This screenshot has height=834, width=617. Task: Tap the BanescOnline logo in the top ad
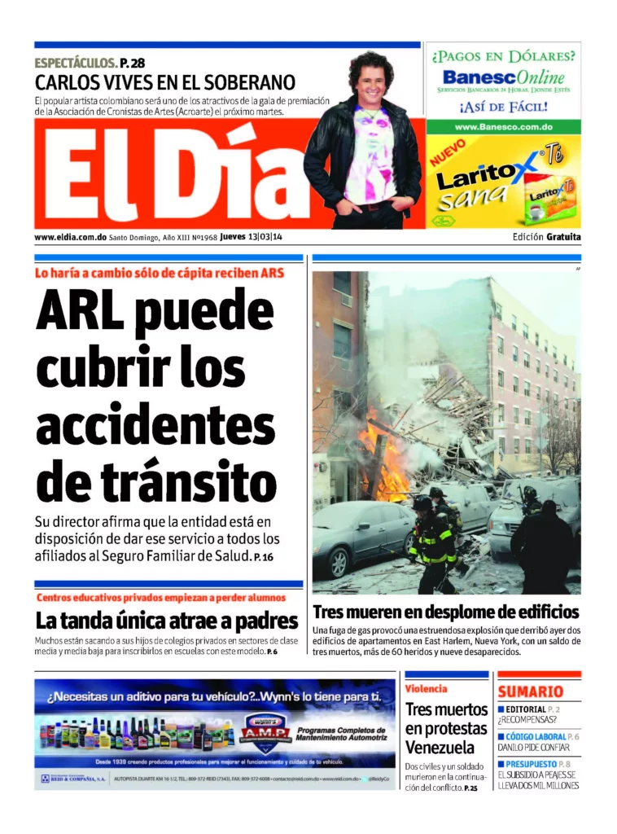(503, 78)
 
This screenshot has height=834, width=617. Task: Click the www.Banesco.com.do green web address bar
(503, 127)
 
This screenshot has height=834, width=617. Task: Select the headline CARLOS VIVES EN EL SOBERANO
(164, 82)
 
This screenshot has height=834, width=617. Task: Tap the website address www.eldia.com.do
(71, 237)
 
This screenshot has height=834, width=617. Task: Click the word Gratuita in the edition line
(563, 237)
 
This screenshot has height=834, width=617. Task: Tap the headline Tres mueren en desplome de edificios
(445, 612)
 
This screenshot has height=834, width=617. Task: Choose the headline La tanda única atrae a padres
(167, 621)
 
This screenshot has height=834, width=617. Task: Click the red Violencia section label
(427, 688)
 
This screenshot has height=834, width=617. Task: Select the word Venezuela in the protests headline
(440, 747)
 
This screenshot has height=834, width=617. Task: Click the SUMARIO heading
(531, 691)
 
